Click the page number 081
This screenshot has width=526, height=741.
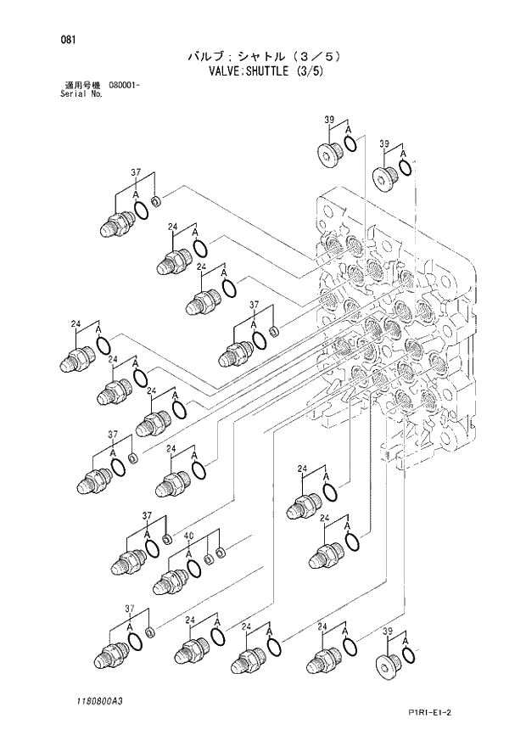[x=59, y=39]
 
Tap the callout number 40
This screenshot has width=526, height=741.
[x=188, y=536]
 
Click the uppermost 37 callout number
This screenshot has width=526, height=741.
[x=135, y=172]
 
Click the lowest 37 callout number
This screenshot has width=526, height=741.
[x=130, y=608]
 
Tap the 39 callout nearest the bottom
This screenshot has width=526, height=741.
[x=387, y=632]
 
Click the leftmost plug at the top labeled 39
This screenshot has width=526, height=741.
[x=327, y=154]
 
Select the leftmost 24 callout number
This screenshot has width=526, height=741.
[x=76, y=323]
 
